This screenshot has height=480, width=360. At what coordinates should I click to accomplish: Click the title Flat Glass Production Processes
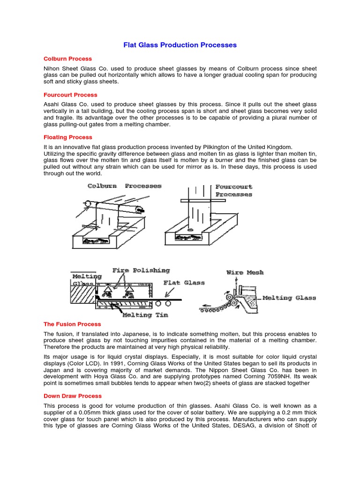tap(180, 45)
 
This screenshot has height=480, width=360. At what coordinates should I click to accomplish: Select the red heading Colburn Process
tap(67, 59)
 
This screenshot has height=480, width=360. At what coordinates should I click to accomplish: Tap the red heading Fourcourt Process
tap(70, 95)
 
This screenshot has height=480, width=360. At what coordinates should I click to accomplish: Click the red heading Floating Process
tap(67, 137)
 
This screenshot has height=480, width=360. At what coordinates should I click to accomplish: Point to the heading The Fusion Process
tap(72, 324)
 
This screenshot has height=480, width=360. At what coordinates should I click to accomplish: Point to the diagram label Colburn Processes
tap(124, 186)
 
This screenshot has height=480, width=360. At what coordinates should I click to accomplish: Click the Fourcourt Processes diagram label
tap(233, 190)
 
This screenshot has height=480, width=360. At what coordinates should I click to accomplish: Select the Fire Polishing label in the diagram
tap(141, 270)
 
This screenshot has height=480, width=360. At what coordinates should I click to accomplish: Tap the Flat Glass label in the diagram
tap(184, 283)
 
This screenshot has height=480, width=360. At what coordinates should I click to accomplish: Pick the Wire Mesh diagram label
tap(245, 272)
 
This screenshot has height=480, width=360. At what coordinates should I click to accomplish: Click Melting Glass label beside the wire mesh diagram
tap(289, 298)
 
